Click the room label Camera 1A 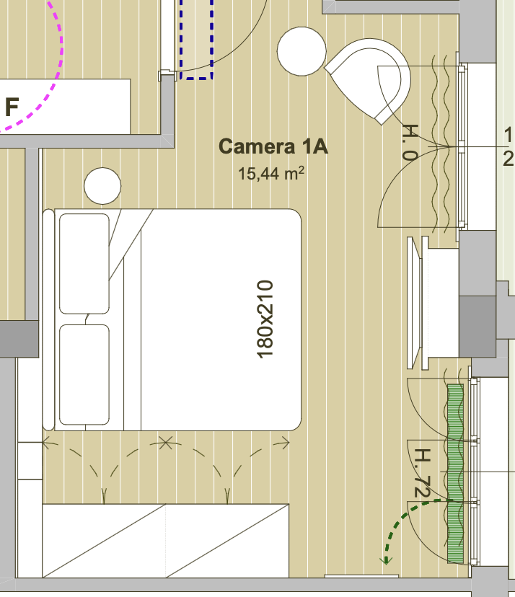click(273, 146)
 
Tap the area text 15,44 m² click(270, 173)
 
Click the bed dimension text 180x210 click(265, 319)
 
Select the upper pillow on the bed click(84, 263)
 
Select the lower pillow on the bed click(84, 375)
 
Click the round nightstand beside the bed click(102, 186)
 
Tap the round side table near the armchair click(301, 51)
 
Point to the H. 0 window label click(410, 141)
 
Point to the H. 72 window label click(422, 473)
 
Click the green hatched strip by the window click(455, 473)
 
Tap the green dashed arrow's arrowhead click(387, 560)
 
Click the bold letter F click(12, 107)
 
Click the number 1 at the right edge click(508, 135)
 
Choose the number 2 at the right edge click(508, 159)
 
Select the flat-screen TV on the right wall click(414, 303)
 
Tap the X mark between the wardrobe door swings click(165, 443)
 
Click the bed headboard click(48, 320)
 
